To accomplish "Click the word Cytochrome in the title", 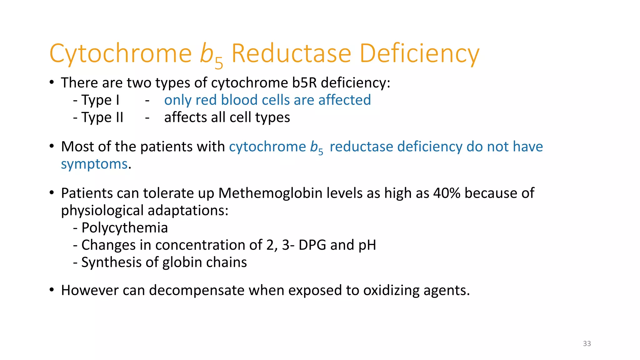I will tap(121, 54).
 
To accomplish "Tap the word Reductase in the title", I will tap(291, 54).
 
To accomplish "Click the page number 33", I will tap(587, 344).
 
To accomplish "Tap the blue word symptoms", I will tap(94, 164).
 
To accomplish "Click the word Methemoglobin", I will tap(270, 193).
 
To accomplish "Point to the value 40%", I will tap(447, 193).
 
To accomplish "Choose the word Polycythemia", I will tap(125, 228).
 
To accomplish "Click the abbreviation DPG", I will tap(312, 245).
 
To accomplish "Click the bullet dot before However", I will tap(52, 290).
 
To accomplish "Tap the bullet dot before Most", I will tap(52, 146).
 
